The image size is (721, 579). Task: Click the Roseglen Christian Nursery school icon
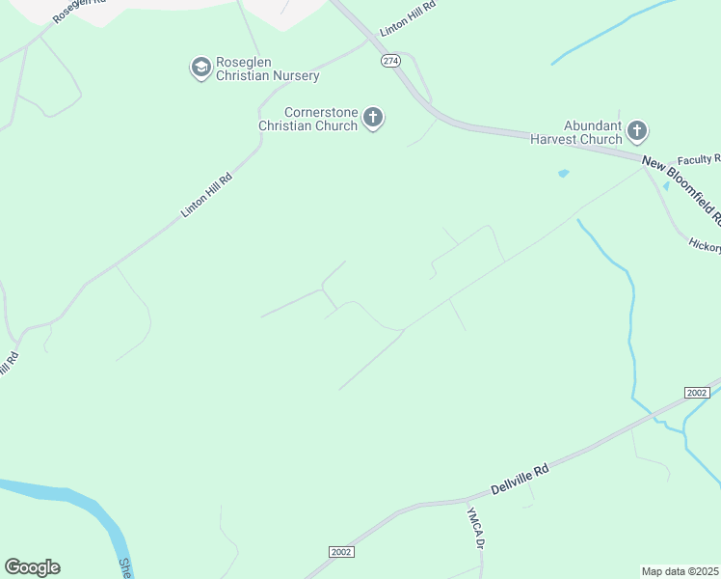pyautogui.click(x=200, y=68)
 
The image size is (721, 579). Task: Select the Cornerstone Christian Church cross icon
pyautogui.click(x=373, y=119)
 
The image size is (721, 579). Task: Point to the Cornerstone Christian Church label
pyautogui.click(x=307, y=119)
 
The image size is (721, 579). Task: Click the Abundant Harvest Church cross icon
pyautogui.click(x=637, y=130)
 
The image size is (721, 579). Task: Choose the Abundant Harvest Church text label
pyautogui.click(x=576, y=131)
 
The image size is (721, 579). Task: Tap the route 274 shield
pyautogui.click(x=389, y=60)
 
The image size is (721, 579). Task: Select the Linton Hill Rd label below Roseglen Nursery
pyautogui.click(x=207, y=195)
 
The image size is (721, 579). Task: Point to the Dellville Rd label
pyautogui.click(x=520, y=474)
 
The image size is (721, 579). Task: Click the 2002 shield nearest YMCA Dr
pyautogui.click(x=341, y=551)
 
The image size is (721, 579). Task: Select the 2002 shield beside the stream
pyautogui.click(x=697, y=392)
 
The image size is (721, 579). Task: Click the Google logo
pyautogui.click(x=32, y=566)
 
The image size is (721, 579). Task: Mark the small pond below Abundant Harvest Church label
pyautogui.click(x=563, y=174)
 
